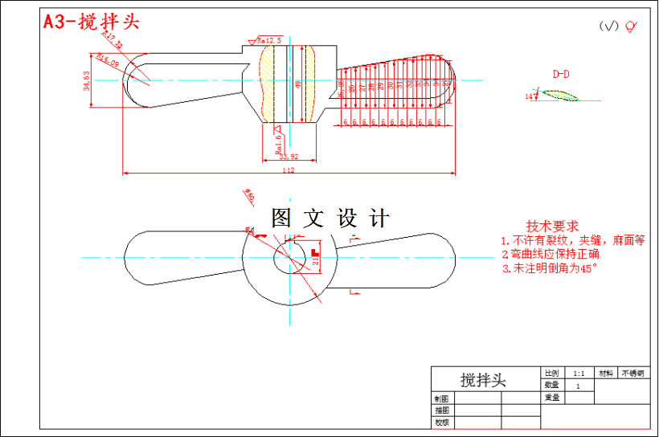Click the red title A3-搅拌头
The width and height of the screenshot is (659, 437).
pos(91,22)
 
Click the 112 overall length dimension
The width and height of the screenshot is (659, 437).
pos(289,170)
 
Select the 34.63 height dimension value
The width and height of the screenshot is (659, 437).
pos(87,80)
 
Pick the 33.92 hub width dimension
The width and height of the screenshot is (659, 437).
pos(289,157)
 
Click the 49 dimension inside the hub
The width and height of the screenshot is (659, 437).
pos(298,84)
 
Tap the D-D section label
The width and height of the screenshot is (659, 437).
pos(560,74)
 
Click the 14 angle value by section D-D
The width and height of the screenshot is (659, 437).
pos(529,96)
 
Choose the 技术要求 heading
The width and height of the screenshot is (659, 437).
pos(552,227)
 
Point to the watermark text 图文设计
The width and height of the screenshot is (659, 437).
pos(330,218)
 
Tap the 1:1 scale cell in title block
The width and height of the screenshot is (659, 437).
pos(579,374)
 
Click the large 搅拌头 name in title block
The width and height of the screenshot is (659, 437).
pos(484,380)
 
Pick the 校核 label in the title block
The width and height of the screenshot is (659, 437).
pos(441,422)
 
